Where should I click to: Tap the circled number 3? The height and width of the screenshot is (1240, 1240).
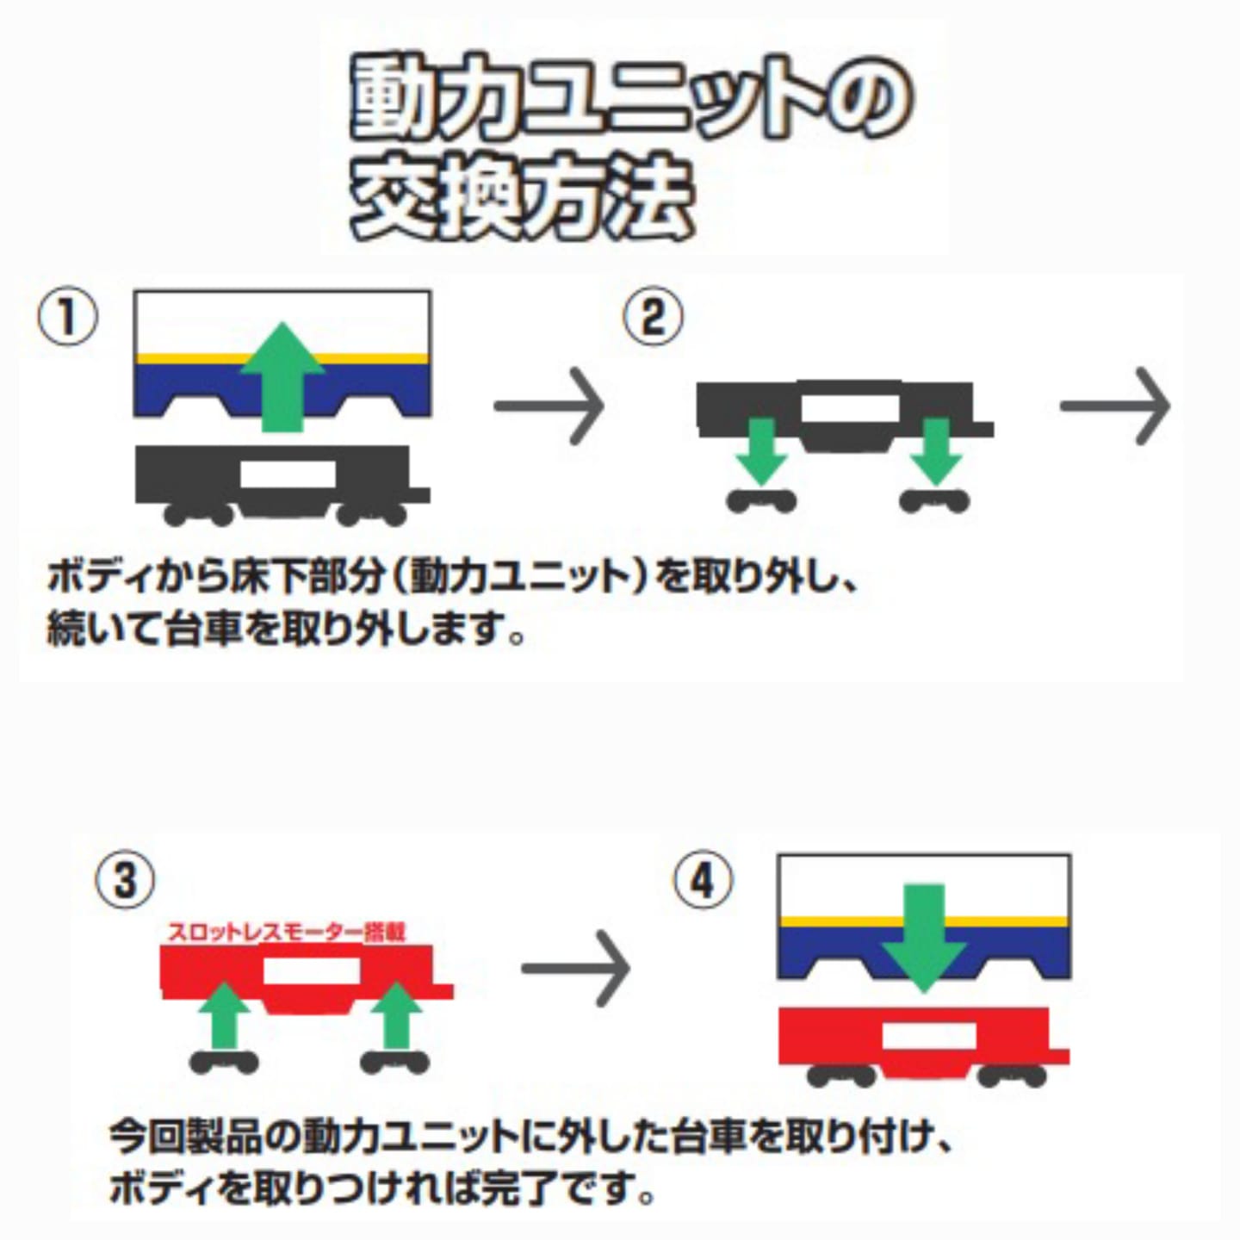tap(126, 880)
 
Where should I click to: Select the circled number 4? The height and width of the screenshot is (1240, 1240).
tap(704, 880)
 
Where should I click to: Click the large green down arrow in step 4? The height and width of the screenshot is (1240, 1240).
tap(924, 939)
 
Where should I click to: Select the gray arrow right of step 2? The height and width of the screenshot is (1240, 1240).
tap(1116, 406)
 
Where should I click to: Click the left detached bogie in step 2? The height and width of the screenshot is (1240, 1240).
tap(761, 500)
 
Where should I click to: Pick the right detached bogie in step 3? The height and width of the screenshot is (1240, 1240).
tap(395, 1063)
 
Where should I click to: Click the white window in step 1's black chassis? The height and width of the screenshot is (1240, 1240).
tap(288, 474)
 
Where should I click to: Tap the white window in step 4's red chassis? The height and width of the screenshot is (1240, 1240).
tap(929, 1037)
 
